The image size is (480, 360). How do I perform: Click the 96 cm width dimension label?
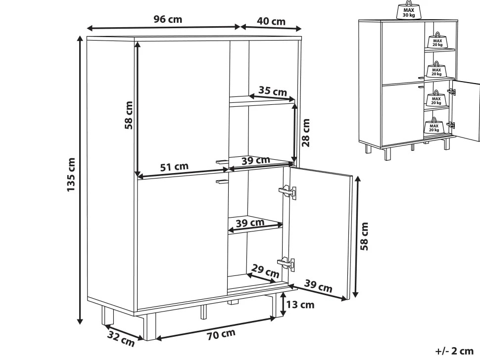168,19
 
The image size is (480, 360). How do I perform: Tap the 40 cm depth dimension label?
271,21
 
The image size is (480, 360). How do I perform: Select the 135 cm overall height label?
71,175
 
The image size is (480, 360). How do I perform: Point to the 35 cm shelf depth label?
273,91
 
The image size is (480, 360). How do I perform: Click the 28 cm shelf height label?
305,133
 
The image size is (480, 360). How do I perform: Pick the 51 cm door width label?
174,167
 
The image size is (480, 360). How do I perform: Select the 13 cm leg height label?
300,305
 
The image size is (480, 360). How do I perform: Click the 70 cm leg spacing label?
221,335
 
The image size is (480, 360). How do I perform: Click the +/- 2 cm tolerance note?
454,351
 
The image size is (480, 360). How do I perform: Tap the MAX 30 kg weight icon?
409,10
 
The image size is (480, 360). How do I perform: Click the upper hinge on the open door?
288,191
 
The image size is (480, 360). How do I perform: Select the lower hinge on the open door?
286,264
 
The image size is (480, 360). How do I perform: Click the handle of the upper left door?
222,161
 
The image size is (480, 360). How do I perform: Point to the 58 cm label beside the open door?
364,236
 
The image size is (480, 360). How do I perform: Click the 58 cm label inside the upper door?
129,115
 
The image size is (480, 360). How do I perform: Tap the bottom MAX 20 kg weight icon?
434,126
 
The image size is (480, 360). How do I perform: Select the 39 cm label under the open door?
318,286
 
